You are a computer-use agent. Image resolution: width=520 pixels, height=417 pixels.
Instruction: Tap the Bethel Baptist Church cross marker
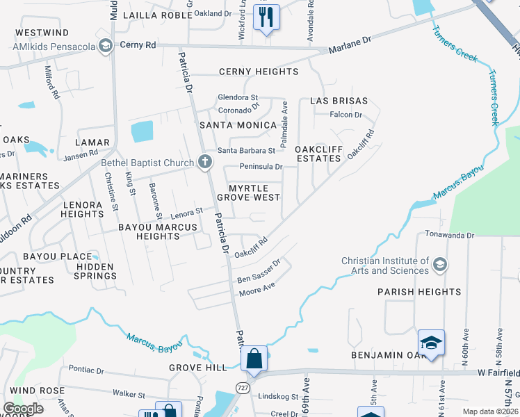[x=204, y=163]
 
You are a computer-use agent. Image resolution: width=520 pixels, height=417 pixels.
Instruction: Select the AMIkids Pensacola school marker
[x=106, y=47]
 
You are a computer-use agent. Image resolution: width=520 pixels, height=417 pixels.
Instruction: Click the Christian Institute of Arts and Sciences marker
[x=439, y=265]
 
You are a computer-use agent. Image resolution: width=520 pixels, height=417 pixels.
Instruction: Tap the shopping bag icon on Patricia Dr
[x=254, y=359]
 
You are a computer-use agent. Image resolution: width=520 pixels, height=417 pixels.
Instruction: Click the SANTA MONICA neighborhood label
[x=238, y=125]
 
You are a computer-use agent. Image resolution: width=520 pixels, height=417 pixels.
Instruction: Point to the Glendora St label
[x=238, y=97]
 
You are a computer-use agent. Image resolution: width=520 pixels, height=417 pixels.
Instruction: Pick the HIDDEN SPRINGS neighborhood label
[x=96, y=271]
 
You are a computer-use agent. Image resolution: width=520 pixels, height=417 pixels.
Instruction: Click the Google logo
[x=24, y=409]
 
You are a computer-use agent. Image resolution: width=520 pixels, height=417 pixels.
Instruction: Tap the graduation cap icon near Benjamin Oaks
[x=431, y=343]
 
